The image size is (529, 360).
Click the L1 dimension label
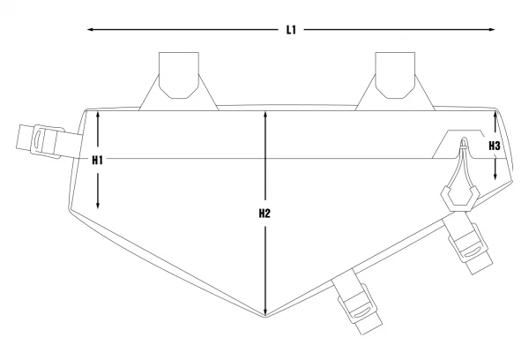coord(291,30)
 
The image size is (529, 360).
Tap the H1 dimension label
coord(98,160)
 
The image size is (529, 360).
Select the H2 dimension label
coord(264,214)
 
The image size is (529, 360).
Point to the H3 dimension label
coord(495,146)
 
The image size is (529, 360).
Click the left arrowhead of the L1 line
coord(90,30)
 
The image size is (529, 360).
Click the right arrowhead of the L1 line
coord(492,30)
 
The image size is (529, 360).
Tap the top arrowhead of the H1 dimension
coord(98,114)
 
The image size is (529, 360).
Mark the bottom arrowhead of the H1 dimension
coord(98,206)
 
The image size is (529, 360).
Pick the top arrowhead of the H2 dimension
coord(265,114)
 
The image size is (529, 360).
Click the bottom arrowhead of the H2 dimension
coord(265,311)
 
